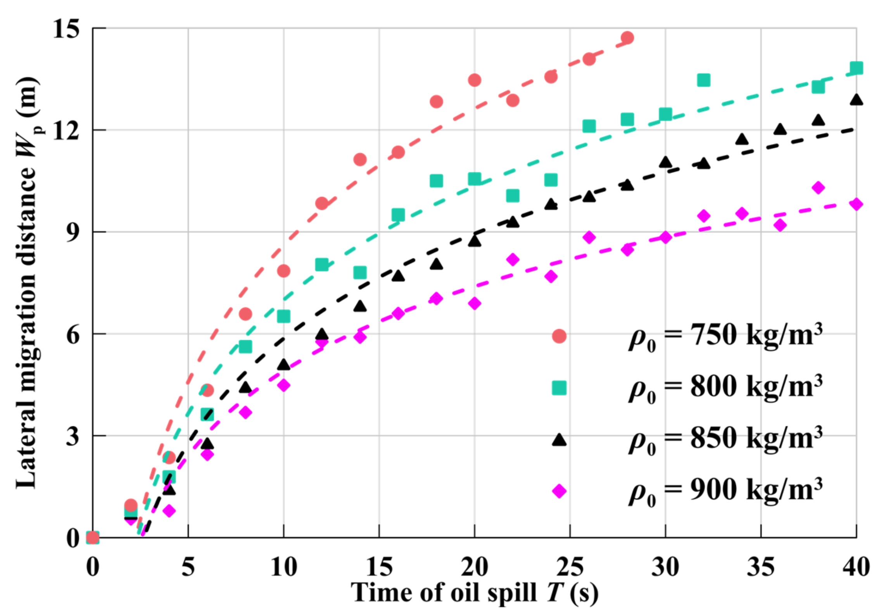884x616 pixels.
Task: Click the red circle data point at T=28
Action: click(627, 38)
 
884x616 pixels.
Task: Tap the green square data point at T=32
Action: click(703, 80)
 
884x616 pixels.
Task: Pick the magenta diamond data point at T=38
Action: click(818, 188)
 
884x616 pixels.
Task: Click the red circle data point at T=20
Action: click(475, 80)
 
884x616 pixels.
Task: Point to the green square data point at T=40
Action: click(856, 68)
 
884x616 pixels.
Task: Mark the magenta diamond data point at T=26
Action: click(589, 237)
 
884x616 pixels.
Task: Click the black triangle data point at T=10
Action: click(284, 365)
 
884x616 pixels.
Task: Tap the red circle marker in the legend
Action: click(559, 336)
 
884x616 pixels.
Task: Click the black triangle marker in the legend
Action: click(559, 440)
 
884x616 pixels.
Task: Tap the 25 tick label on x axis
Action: click(570, 567)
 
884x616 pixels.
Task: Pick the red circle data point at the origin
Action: click(92, 538)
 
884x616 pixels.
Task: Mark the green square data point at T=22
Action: click(513, 196)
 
